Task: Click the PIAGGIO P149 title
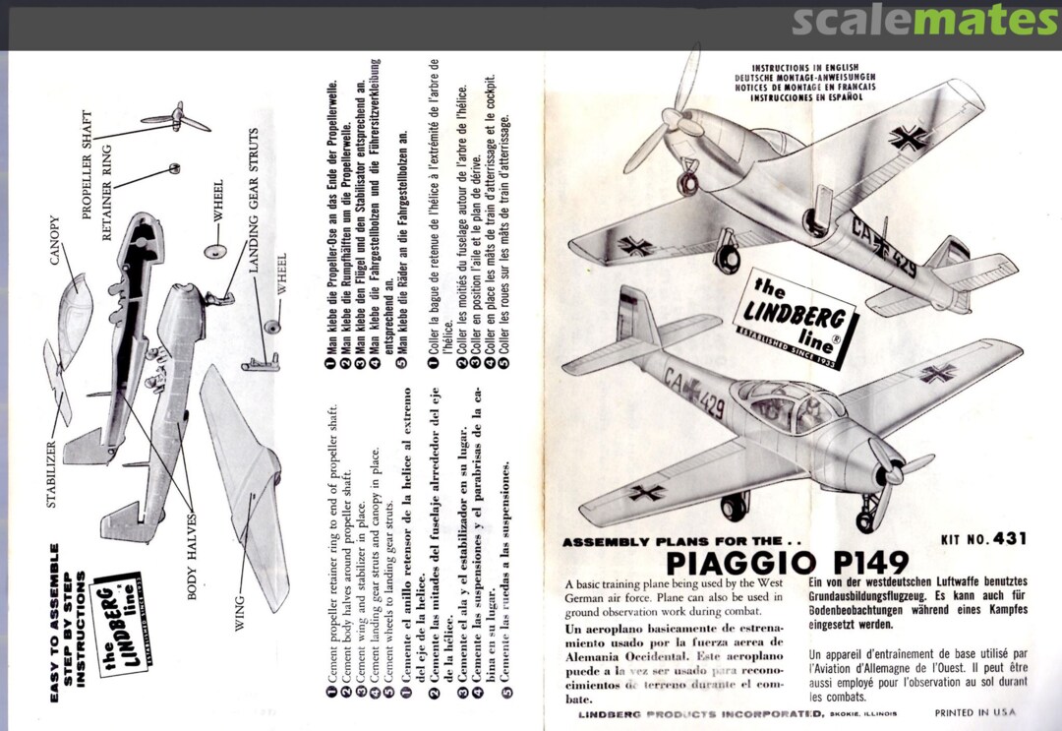coord(787,564)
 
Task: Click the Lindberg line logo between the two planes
coord(795,317)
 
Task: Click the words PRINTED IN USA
coord(974,712)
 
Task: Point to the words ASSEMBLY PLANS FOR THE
coord(675,542)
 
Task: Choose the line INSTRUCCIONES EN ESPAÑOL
coord(806,98)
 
